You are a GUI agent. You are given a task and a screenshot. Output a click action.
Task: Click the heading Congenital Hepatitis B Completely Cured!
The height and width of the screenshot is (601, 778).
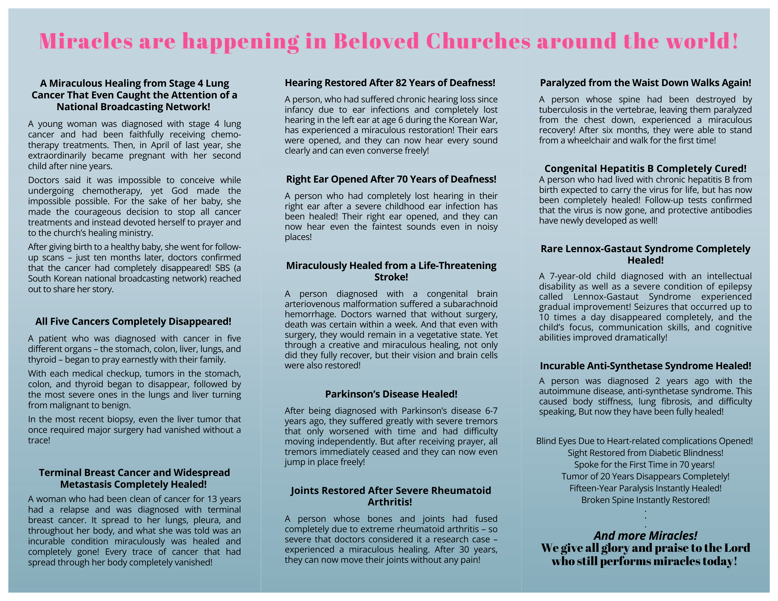645,168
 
